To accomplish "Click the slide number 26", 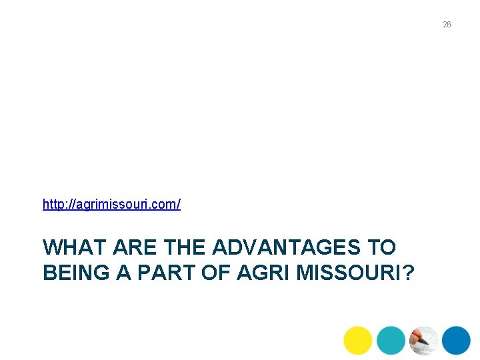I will click(x=447, y=25).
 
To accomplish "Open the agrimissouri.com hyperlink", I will click(x=111, y=204).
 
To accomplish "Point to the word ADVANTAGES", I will click(x=287, y=248).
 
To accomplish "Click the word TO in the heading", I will click(x=382, y=248).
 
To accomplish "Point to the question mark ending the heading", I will click(x=408, y=273).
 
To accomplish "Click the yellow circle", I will click(x=358, y=340).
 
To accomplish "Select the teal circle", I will click(x=391, y=340).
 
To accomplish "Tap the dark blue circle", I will click(x=457, y=340).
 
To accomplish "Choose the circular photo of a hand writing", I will click(x=423, y=340).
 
